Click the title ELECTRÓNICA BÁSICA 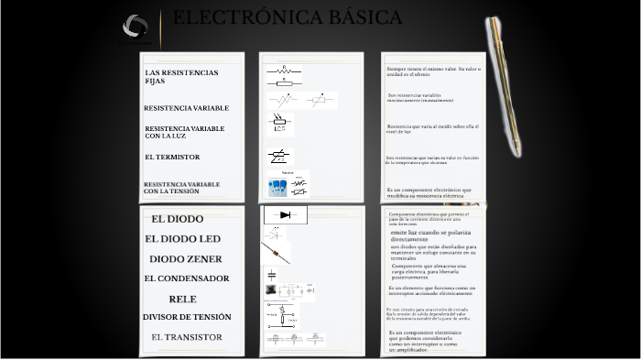coord(287,18)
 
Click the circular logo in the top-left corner coord(135,27)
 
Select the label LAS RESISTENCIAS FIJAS coord(181,76)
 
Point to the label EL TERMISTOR coord(171,157)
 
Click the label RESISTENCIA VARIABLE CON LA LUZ coord(184,132)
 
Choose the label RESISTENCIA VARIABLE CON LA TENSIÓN coord(181,188)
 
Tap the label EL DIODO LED coord(182,239)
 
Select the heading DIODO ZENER coord(185,259)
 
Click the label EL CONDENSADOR coord(186,278)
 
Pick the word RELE coord(182,300)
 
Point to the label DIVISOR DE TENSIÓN coord(187,317)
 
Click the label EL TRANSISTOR coord(187,337)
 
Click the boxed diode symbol coord(285,215)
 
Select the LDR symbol coord(280,124)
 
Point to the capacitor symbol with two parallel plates coord(271,274)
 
